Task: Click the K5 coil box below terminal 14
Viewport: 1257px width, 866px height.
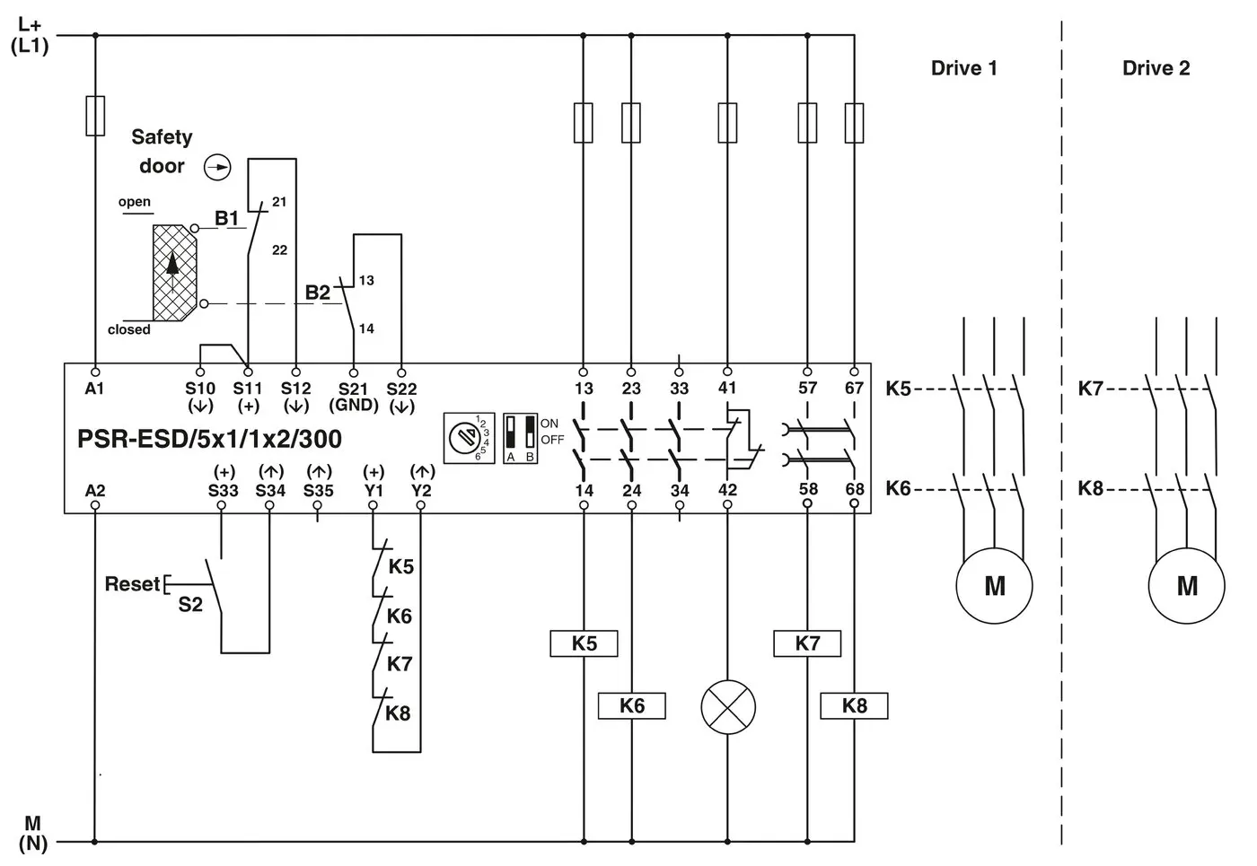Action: (x=584, y=643)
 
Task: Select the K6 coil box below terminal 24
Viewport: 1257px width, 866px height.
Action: (x=632, y=706)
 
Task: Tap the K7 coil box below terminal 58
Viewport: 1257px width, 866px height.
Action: (x=807, y=643)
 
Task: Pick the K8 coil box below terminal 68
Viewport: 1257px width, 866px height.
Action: (x=854, y=706)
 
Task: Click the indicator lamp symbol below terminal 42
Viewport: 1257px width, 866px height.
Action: (x=727, y=706)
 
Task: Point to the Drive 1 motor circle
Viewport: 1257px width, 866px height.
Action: (x=994, y=586)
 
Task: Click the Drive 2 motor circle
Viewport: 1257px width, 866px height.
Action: (x=1186, y=586)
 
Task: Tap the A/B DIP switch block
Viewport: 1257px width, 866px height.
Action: (x=520, y=438)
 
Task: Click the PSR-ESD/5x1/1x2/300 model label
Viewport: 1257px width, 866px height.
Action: (x=209, y=440)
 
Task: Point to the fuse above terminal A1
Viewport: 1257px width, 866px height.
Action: (x=95, y=116)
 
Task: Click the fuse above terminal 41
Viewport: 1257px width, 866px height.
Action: (x=727, y=122)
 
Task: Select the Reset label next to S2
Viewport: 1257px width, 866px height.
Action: (x=132, y=584)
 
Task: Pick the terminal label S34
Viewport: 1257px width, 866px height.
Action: (x=269, y=491)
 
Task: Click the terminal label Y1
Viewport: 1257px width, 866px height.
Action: (x=374, y=491)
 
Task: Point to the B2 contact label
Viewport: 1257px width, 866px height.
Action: (x=317, y=293)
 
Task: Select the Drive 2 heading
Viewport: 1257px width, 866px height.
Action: (x=1156, y=68)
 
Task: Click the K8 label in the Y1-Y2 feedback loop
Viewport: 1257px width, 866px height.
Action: (x=398, y=713)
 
